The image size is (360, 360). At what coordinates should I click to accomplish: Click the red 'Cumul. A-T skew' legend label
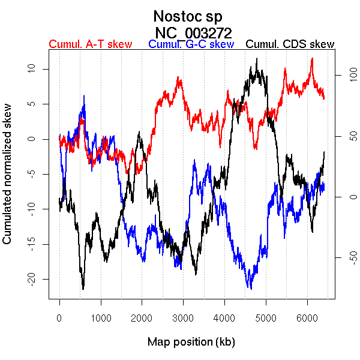(90, 44)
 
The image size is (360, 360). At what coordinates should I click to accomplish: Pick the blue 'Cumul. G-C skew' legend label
(191, 44)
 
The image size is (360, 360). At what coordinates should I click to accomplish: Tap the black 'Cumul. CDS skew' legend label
(290, 44)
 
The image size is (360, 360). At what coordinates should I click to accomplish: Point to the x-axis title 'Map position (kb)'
(191, 342)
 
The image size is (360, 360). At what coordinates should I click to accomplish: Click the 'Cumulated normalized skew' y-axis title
(8, 180)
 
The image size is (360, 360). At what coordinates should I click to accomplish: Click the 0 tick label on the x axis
(59, 318)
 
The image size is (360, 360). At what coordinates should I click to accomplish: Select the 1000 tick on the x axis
(101, 318)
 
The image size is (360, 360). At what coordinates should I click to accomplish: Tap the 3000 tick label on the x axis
(183, 318)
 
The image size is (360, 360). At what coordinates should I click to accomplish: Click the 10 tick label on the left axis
(34, 69)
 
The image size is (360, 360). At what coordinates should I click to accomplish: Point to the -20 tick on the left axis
(34, 279)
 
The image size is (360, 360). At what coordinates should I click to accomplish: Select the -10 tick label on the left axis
(34, 209)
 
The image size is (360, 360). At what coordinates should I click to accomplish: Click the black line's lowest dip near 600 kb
(83, 288)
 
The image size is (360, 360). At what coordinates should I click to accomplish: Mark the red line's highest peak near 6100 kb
(312, 59)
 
